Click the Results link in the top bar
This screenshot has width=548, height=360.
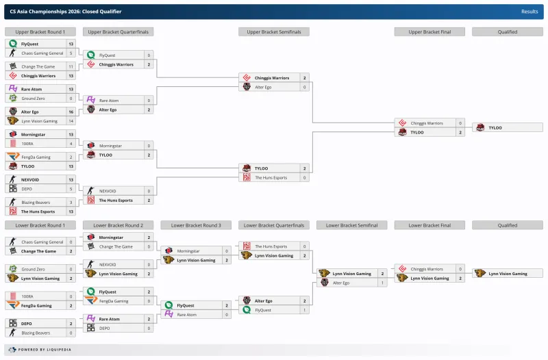coord(529,11)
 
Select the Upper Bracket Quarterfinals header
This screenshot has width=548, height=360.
coord(118,31)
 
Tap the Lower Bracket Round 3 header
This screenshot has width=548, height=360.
coord(196,225)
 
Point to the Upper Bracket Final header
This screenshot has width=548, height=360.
coord(429,31)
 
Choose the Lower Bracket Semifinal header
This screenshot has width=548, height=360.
coord(352,225)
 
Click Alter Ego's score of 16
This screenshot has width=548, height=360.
coord(71,112)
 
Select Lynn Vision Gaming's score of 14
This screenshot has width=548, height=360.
coord(71,121)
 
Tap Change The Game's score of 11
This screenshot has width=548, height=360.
coord(71,66)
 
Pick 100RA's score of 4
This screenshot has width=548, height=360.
coord(71,144)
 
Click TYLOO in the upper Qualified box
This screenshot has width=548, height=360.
coord(495,128)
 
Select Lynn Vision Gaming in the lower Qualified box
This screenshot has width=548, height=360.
coord(508,274)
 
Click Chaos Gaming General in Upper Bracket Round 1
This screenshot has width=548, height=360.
coord(42,53)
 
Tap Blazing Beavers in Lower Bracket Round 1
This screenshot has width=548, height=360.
coord(37,333)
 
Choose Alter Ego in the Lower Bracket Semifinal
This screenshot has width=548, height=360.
coord(341,283)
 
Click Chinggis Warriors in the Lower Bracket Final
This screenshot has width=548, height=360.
coord(426,269)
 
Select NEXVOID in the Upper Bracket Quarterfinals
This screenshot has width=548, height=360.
coord(108,192)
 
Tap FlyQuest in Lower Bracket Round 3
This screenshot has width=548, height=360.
coord(186,305)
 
